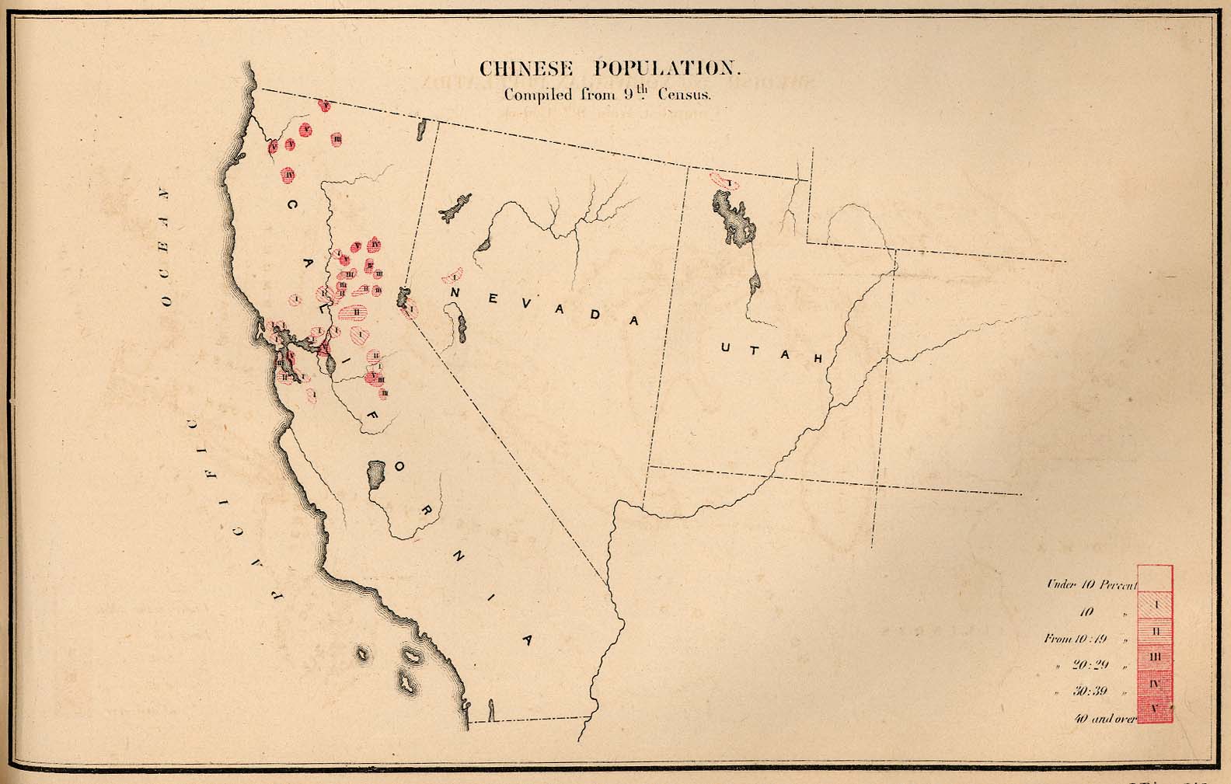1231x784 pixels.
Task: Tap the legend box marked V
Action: [x=1155, y=709]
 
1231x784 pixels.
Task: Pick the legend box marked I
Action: [x=1155, y=604]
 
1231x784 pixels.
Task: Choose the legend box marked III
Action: [x=1155, y=657]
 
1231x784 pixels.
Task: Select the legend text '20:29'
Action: [x=1090, y=666]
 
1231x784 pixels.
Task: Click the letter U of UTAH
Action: [x=725, y=348]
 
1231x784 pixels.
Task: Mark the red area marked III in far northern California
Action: [x=337, y=139]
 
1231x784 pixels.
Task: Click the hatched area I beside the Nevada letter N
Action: [x=452, y=276]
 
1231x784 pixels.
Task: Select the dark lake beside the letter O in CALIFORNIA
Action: [x=377, y=474]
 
